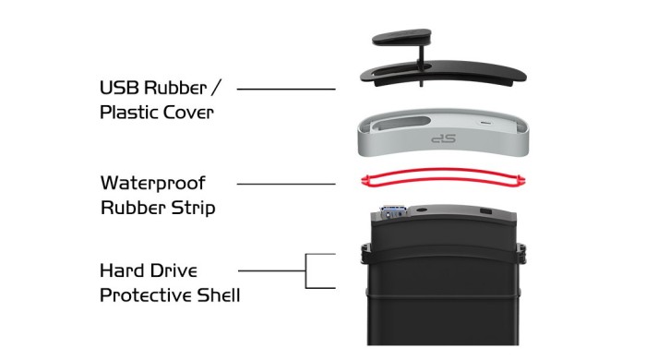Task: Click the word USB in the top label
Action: [x=119, y=88]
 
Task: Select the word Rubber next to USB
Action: [x=175, y=88]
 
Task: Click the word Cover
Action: [x=188, y=113]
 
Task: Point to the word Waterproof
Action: [x=153, y=184]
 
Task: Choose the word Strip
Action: [x=193, y=207]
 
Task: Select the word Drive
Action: [x=173, y=271]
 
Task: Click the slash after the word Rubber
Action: [x=215, y=88]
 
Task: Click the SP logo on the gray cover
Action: [x=443, y=138]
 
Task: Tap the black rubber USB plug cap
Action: [x=402, y=37]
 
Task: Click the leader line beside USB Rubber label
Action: [x=286, y=89]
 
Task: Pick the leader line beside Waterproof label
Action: [x=286, y=184]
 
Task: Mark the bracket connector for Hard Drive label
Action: [x=305, y=270]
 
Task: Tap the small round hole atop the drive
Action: [x=421, y=210]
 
